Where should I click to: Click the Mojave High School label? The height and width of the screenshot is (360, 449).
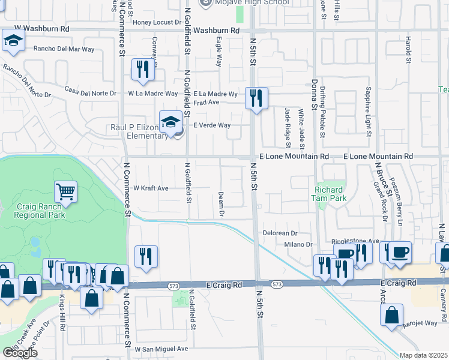point(252,2)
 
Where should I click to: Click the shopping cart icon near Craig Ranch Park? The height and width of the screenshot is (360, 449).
point(66,191)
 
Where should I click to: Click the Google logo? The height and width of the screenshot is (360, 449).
point(20,352)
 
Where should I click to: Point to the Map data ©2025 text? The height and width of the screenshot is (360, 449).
point(424,355)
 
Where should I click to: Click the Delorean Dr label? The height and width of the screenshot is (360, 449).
point(280,233)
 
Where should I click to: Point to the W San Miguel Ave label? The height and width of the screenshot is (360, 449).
point(161,349)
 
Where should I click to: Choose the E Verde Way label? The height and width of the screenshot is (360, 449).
point(212,125)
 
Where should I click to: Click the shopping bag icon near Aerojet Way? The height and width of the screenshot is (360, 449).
point(391,314)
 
